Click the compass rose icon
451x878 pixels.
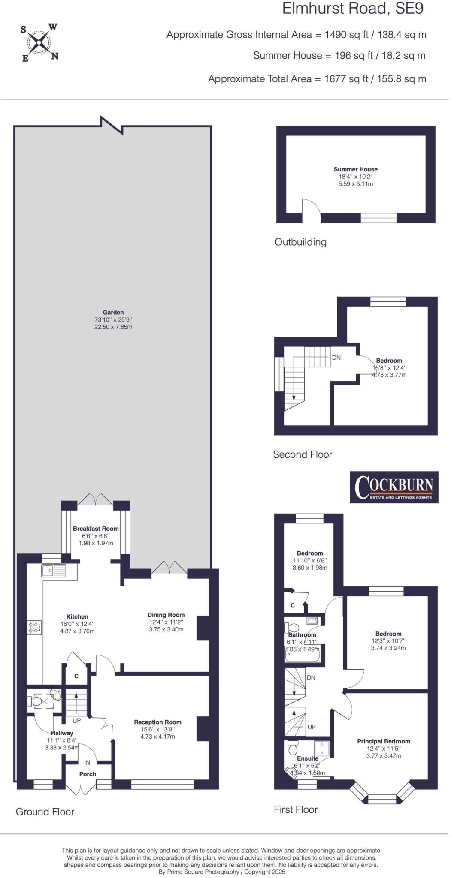point(39,42)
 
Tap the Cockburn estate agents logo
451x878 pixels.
point(394,487)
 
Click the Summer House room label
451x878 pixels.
point(355,169)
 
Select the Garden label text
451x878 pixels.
point(113,313)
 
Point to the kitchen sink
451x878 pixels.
point(54,571)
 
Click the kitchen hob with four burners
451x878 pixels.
point(34,628)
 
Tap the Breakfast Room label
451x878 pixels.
point(96,529)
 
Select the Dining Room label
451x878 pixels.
point(166,615)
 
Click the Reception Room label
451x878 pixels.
point(157,722)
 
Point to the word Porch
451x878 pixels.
point(88,774)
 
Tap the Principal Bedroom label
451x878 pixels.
point(384,741)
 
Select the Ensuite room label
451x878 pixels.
point(307,758)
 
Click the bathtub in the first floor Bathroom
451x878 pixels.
point(303,655)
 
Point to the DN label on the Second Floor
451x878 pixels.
point(336,357)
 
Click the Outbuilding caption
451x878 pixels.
point(300,242)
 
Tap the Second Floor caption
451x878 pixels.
point(303,454)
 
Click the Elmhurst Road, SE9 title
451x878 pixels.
point(353,9)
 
